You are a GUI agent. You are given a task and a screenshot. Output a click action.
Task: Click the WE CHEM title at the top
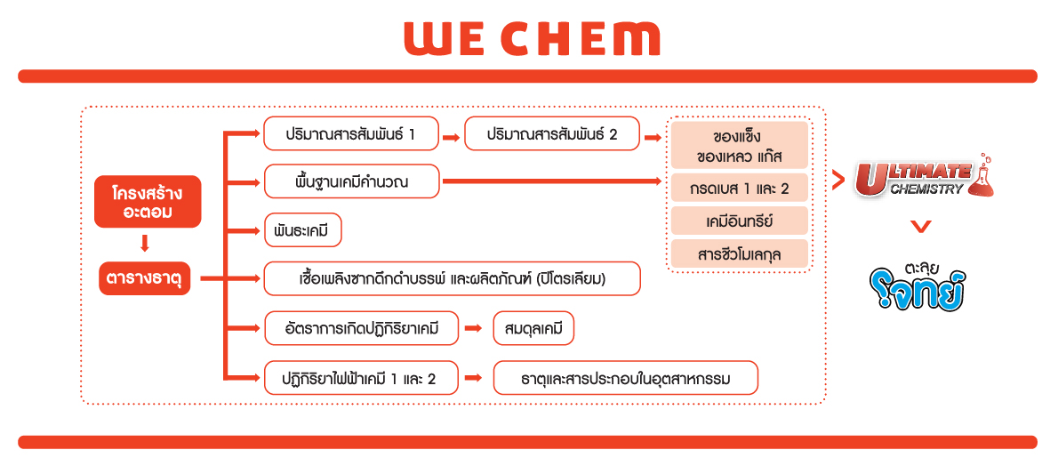(532, 39)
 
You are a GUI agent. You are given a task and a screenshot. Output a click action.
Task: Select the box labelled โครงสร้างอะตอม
(148, 202)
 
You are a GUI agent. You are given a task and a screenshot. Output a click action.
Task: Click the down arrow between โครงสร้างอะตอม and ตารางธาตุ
(144, 243)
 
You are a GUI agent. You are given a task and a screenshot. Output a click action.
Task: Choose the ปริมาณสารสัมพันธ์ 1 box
(351, 134)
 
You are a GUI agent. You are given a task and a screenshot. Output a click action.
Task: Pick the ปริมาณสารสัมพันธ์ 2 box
(552, 134)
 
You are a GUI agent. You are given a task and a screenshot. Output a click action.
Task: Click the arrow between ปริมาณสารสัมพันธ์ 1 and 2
(452, 137)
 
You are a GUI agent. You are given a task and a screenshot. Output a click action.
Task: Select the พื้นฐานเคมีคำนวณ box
(351, 181)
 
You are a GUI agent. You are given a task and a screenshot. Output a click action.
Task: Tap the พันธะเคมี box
(303, 231)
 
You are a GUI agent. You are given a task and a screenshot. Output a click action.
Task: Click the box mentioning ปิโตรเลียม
(452, 278)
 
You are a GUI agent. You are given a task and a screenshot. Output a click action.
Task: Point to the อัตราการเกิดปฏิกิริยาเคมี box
(361, 328)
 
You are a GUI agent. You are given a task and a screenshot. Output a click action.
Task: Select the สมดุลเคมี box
(533, 328)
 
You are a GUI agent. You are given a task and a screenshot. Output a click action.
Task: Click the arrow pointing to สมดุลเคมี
(474, 328)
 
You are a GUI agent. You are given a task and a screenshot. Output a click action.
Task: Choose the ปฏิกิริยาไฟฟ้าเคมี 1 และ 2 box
(361, 378)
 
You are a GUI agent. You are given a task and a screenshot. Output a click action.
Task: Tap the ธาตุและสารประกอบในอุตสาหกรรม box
(625, 378)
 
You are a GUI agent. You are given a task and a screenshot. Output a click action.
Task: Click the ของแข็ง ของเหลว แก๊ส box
(740, 146)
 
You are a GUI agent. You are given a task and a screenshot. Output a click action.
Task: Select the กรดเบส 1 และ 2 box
(740, 189)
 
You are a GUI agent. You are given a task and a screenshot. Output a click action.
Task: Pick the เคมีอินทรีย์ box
(740, 221)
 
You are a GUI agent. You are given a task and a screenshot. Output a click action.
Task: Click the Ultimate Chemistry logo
(923, 178)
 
